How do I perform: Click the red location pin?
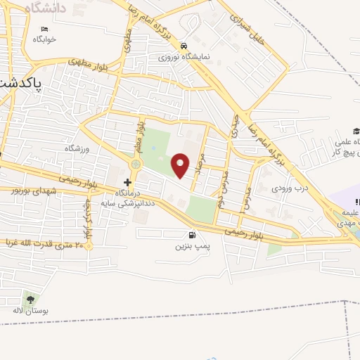[x=181, y=165]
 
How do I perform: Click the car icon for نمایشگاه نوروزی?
[x=184, y=44]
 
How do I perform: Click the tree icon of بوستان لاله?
[x=29, y=298]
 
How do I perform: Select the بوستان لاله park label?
[x=30, y=310]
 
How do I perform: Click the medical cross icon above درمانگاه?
[x=127, y=182]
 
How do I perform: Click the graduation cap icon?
[x=356, y=131]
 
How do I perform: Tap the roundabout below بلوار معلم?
[x=135, y=164]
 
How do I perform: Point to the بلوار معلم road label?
[x=140, y=137]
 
